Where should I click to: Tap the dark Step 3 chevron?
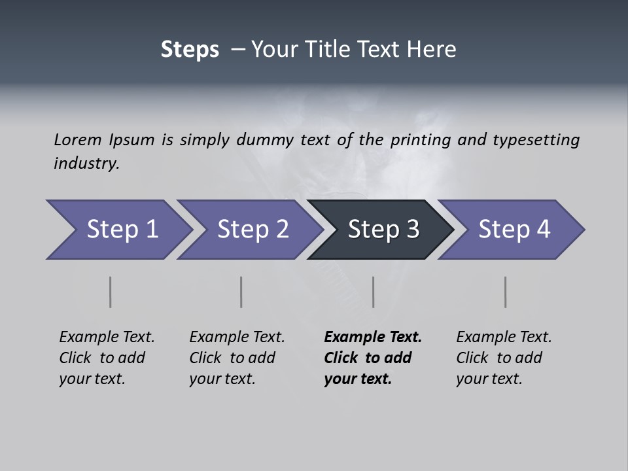click(383, 230)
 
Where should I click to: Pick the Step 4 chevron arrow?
click(514, 230)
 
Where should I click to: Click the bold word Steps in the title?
click(190, 50)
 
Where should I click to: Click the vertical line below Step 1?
click(110, 292)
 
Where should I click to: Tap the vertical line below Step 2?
click(241, 292)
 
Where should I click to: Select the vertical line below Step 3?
click(373, 292)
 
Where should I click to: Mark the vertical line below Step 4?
click(505, 292)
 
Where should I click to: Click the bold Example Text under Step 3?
click(373, 358)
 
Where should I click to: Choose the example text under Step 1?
click(107, 358)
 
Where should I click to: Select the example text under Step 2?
click(237, 358)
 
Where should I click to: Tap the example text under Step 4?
click(504, 358)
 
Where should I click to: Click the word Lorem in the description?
click(78, 139)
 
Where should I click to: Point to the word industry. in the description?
click(86, 164)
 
